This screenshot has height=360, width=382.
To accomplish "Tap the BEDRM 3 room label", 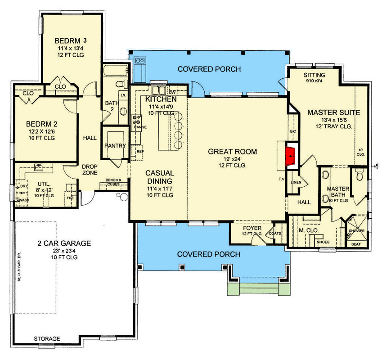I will (x=67, y=39).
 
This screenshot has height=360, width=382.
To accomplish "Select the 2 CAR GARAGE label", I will (x=64, y=243).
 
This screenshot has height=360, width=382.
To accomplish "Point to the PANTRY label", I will (x=114, y=146).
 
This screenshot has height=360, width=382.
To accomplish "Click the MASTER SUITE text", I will (x=333, y=112).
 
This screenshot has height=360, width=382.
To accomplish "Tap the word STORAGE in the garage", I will (x=47, y=338).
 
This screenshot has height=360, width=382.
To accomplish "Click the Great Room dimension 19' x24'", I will (x=232, y=159).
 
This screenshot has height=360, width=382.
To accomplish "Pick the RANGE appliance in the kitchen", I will (x=137, y=121).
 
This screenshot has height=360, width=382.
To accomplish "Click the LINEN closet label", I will (x=296, y=182).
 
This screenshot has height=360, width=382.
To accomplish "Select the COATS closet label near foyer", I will (x=275, y=233).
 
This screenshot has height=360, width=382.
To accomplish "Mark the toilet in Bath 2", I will (x=120, y=84).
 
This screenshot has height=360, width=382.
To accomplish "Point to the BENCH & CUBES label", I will (x=115, y=181).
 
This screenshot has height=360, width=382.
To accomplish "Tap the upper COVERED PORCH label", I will (x=208, y=69).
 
